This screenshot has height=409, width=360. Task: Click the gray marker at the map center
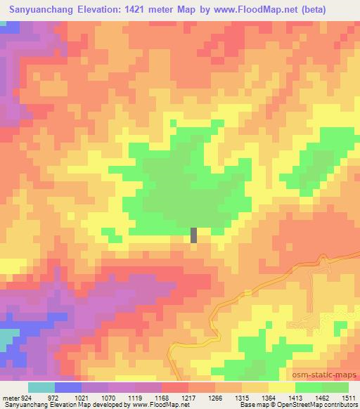click(x=193, y=235)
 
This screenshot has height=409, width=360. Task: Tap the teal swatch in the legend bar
click(x=41, y=387)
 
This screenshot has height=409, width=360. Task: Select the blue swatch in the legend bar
click(x=67, y=387)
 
